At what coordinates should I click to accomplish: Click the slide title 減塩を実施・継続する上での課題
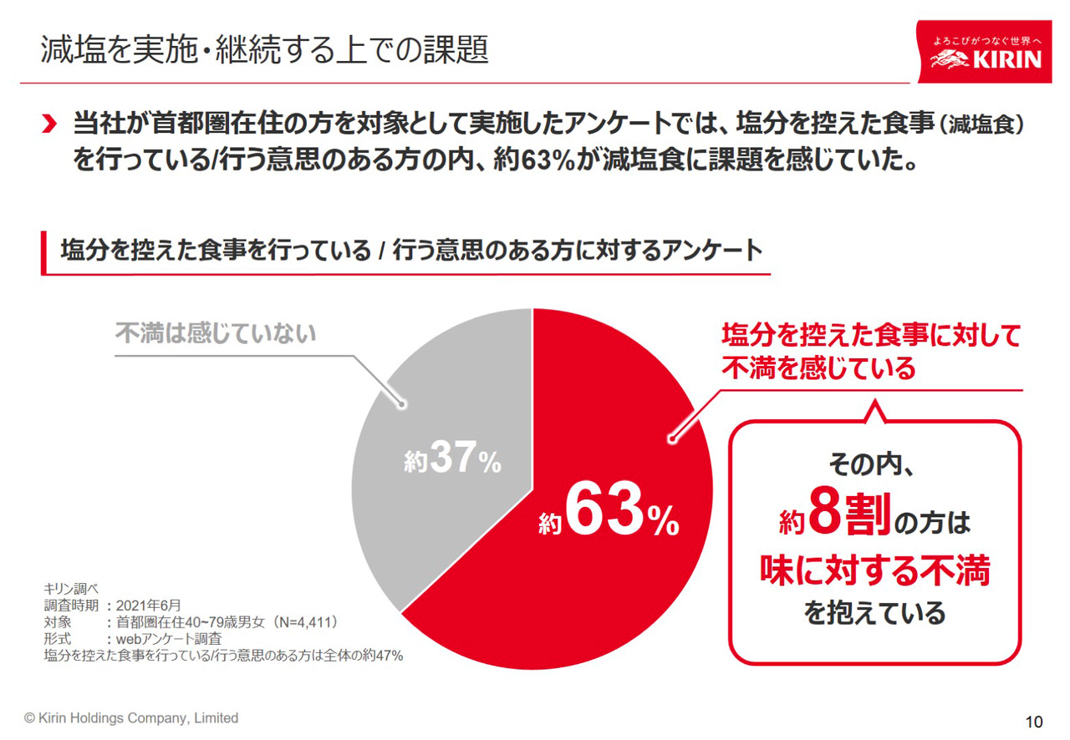[264, 50]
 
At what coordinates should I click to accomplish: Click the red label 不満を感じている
[819, 368]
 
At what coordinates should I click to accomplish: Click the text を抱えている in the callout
[874, 614]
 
